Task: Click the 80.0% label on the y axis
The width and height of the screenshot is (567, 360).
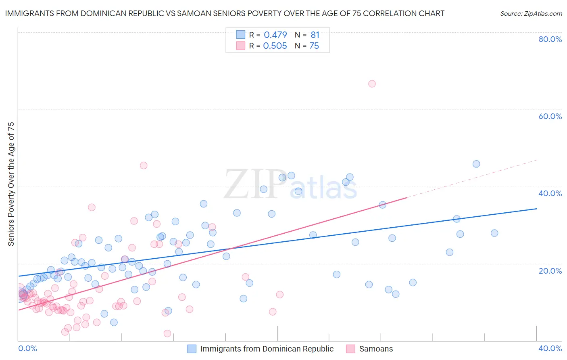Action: tap(550, 39)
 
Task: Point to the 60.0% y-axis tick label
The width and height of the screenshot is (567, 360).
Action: tap(550, 116)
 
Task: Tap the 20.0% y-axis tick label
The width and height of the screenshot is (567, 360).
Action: tap(550, 271)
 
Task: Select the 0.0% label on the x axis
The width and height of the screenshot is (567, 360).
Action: tap(27, 348)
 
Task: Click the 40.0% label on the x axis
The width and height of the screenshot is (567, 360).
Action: tap(550, 348)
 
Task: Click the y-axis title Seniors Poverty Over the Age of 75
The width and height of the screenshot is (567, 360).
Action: tap(11, 184)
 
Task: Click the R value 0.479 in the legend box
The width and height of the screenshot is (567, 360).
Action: tap(275, 35)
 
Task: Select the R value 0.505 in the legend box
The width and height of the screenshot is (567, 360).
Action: tap(275, 46)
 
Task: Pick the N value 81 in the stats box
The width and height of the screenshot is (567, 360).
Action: tap(315, 35)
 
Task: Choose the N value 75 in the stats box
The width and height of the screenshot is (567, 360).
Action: tap(314, 46)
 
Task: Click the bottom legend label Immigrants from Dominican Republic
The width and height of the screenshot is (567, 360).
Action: tap(267, 349)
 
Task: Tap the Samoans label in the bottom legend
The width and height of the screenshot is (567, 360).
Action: tap(376, 349)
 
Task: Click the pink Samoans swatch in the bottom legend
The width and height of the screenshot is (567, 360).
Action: tap(350, 349)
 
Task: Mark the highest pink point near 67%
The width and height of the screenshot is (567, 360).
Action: tap(372, 84)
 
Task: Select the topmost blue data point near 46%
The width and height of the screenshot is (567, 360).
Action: tap(476, 164)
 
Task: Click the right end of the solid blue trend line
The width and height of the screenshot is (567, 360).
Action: tap(536, 209)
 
